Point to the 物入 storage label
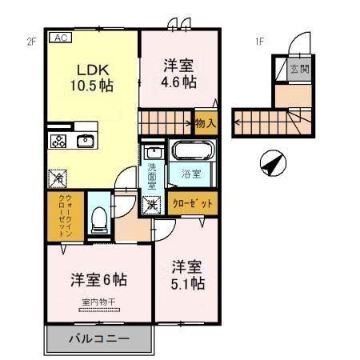click(x=205, y=123)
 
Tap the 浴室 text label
click(x=190, y=172)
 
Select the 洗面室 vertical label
click(x=152, y=176)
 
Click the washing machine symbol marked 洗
click(x=150, y=204)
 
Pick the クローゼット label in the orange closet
click(x=194, y=203)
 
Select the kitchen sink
click(x=86, y=142)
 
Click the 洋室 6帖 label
click(x=98, y=280)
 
